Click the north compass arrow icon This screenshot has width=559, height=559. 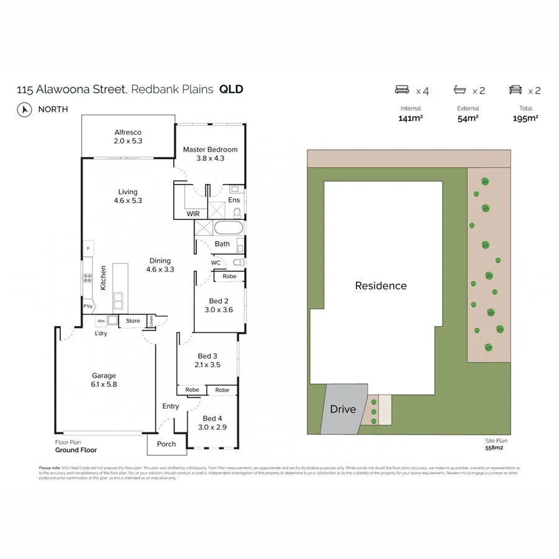click(25, 109)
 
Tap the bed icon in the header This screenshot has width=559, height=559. click(402, 90)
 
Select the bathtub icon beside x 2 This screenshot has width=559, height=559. click(460, 90)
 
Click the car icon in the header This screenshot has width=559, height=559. click(516, 90)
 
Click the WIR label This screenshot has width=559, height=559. click(193, 214)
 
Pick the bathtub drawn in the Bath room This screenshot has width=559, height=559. click(229, 229)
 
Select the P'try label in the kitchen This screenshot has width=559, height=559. click(88, 307)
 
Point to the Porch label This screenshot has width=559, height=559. click(166, 444)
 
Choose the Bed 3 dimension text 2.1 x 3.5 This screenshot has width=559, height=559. click(207, 365)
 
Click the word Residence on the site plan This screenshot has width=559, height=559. click(381, 286)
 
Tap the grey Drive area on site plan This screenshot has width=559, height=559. click(342, 409)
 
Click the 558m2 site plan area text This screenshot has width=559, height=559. click(494, 447)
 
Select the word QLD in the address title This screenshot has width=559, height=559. click(231, 89)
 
